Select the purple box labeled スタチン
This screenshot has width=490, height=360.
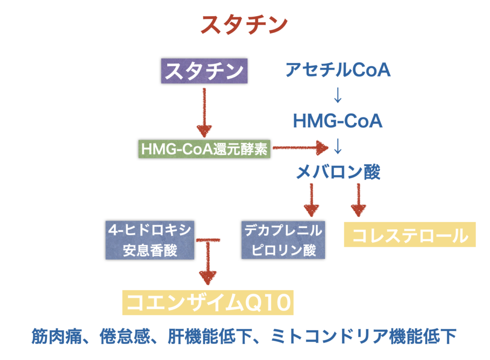pos(204,72)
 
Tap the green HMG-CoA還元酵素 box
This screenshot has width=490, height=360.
pos(204,149)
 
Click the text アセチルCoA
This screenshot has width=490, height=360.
pos(338,70)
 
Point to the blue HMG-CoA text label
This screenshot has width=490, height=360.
pos(338,121)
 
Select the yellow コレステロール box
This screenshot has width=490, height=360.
pos(410,235)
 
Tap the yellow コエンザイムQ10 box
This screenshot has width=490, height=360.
pos(208,303)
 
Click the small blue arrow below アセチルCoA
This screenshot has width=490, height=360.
pos(338,95)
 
